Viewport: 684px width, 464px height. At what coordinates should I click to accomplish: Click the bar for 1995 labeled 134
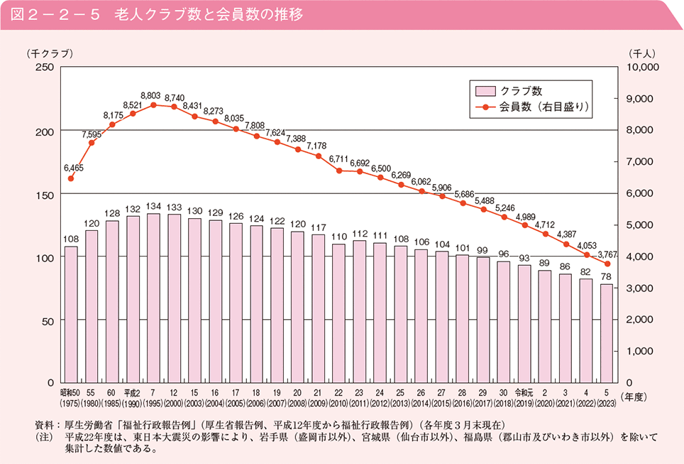[153, 298]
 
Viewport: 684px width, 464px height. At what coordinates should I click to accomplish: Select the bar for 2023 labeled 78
[607, 334]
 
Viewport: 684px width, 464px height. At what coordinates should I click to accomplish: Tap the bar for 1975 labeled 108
[71, 315]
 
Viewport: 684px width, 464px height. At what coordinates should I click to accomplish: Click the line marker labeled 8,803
[153, 105]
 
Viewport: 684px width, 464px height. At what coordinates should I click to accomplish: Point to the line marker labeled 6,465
[71, 178]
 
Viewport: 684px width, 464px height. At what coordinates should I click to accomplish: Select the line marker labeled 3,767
[607, 264]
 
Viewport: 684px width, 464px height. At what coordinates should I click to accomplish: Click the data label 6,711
[339, 159]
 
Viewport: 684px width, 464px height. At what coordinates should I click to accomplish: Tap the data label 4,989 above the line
[525, 217]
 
